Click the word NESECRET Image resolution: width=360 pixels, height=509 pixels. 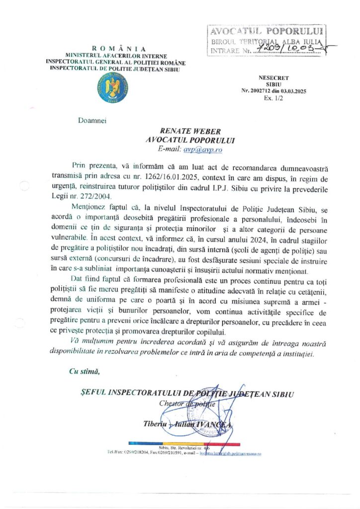click(273, 78)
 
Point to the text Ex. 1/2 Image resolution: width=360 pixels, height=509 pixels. click(273, 98)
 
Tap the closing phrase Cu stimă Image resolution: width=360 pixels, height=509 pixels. click(84, 370)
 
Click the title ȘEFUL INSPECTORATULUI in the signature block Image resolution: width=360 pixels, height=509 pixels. click(132, 394)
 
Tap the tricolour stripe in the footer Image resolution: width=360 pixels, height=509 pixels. click(184, 443)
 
